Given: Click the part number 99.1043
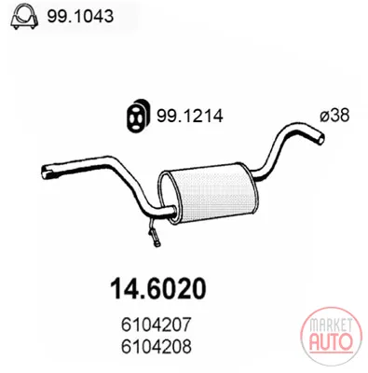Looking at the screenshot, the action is coord(80,16).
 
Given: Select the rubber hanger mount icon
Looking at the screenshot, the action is coord(137,117).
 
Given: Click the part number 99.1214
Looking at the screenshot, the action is coord(189,117).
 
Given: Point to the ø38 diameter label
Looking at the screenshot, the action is coord(334,116).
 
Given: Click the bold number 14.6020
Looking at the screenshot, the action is coord(158,288).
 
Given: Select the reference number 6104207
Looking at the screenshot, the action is coord(156,325).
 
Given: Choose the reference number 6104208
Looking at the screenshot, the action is coord(156,347).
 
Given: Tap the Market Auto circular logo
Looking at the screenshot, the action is coord(331,338).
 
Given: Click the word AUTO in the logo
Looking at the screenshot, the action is coord(332,340).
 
